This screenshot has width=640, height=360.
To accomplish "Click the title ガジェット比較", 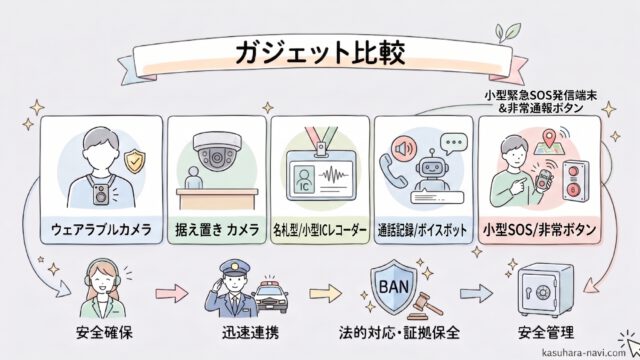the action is coord(320,54).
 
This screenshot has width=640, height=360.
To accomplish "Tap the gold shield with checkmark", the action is coord(135,161).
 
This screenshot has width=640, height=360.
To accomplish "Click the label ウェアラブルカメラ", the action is coord(101,230).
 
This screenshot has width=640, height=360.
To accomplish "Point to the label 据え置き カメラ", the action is coord(217,229).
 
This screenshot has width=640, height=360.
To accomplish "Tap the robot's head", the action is coord(432,167).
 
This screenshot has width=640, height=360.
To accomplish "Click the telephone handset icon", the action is coord(392,170).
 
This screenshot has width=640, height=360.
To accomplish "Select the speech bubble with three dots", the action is coord(453,144).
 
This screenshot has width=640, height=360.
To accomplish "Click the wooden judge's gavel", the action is coord(424,305).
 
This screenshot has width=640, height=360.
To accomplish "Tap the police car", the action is coord(270,296).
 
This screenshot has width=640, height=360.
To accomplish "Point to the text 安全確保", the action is coord(104,333).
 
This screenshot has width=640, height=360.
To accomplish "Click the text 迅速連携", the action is coord(251,333).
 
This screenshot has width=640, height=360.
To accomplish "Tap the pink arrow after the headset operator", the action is coord(171,293).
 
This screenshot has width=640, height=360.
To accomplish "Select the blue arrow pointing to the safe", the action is coord(476,293).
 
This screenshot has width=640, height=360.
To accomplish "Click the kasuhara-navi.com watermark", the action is coord(584,353).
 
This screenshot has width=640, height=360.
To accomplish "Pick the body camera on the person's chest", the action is coord(101,194).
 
